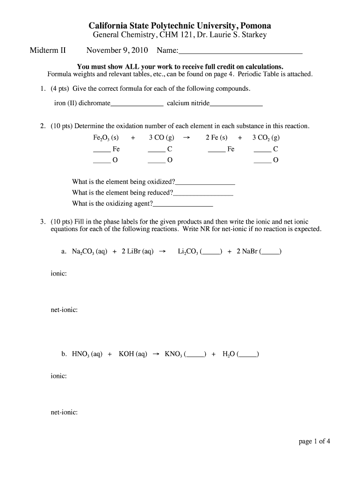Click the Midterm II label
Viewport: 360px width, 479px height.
click(x=48, y=50)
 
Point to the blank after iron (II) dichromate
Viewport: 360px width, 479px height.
click(x=137, y=104)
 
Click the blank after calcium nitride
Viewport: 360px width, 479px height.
click(x=236, y=104)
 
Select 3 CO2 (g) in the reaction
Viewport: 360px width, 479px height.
click(x=266, y=138)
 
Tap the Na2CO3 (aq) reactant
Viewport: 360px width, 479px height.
click(x=89, y=252)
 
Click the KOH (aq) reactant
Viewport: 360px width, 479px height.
click(x=133, y=355)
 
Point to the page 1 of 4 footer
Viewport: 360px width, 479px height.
click(x=315, y=441)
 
